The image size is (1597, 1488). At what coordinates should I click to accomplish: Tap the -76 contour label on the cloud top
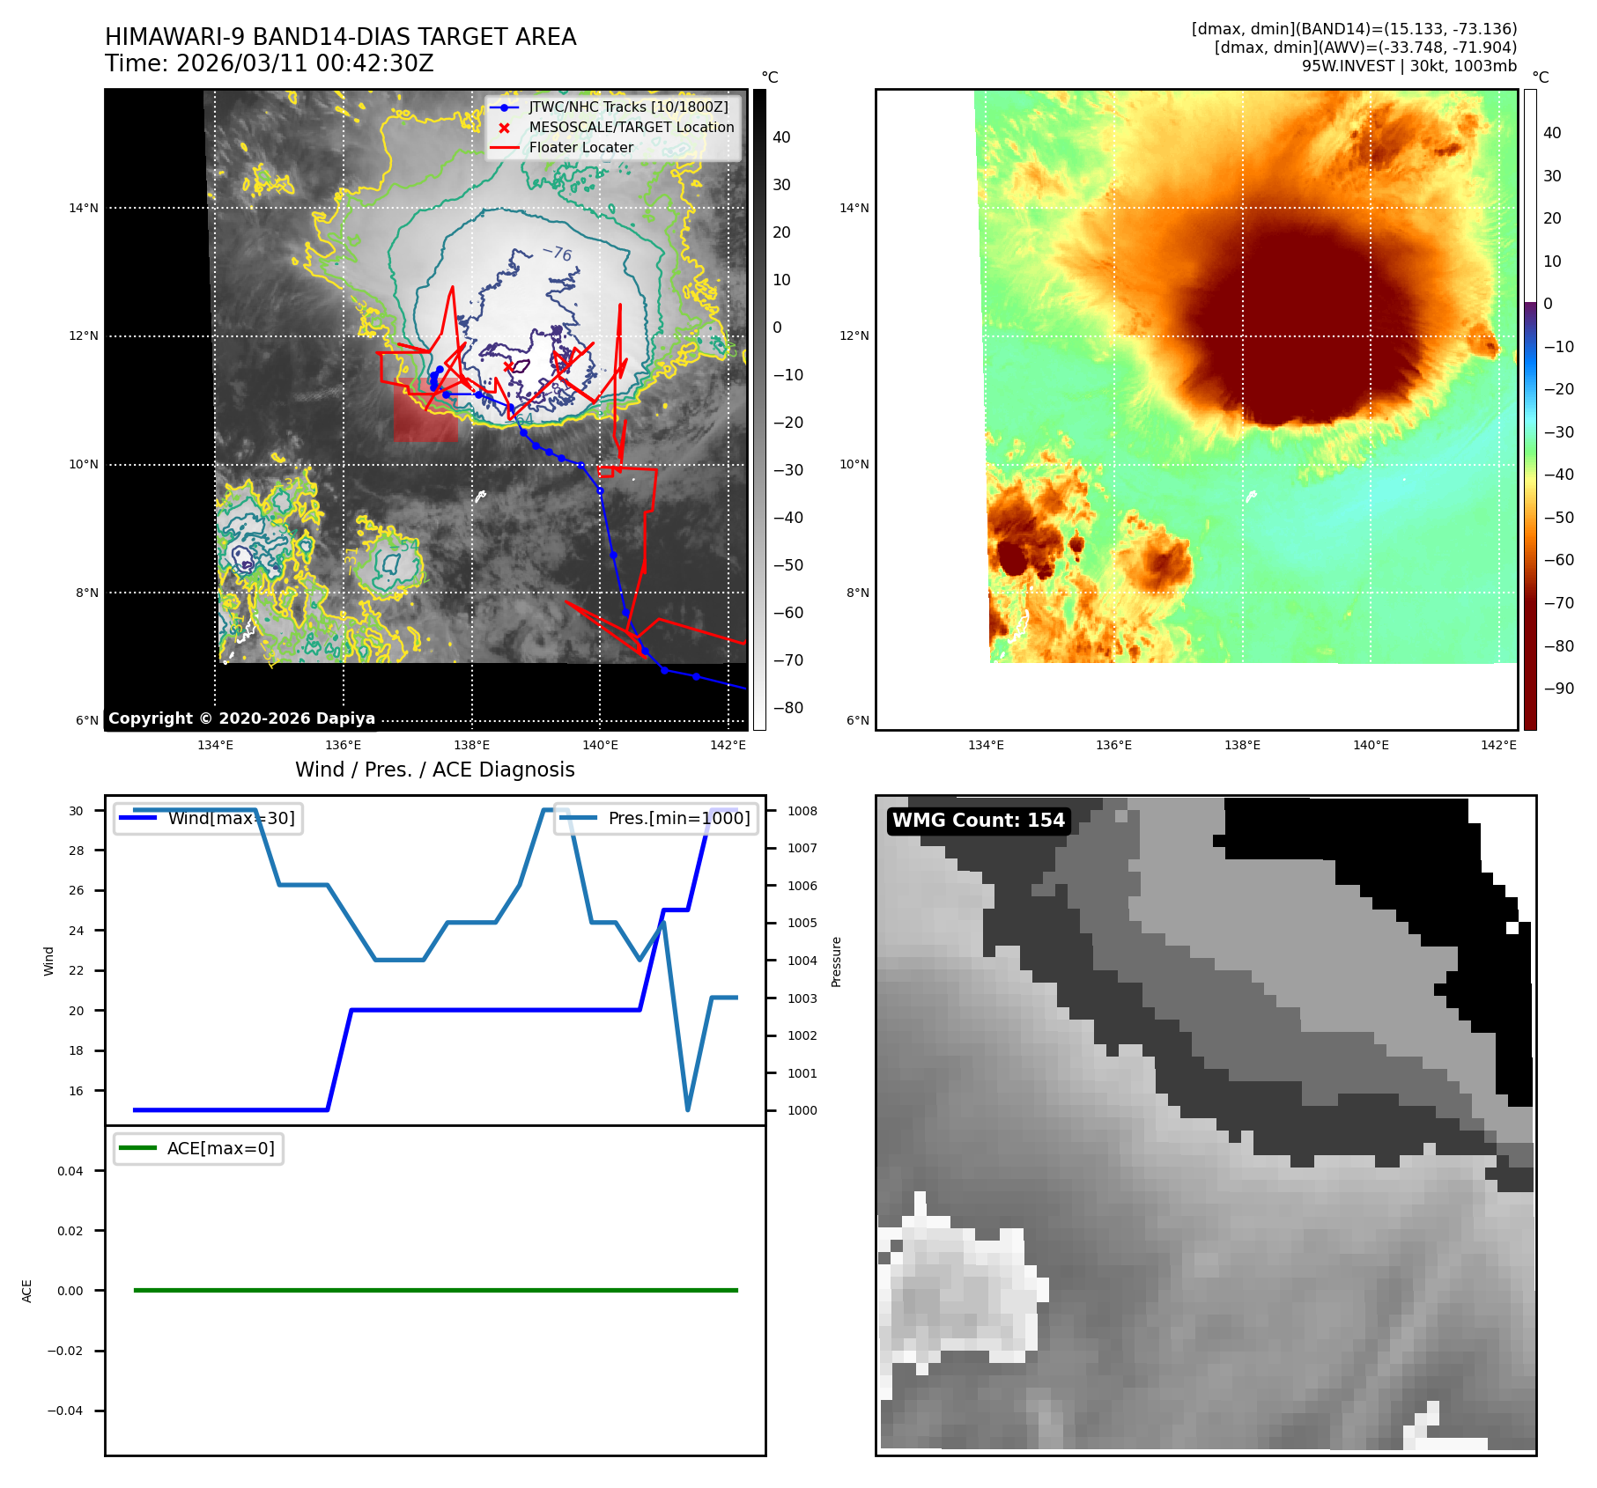coord(558,254)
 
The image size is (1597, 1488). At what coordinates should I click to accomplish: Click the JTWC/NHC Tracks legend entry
coord(628,107)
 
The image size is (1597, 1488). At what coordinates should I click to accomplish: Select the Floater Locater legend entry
coord(580,148)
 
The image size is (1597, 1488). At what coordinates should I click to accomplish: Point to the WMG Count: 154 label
coord(978,821)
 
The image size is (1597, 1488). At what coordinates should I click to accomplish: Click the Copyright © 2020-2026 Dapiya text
coord(241,718)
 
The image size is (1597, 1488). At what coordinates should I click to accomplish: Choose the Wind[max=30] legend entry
coord(231,819)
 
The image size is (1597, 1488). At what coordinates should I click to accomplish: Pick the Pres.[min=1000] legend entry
coord(678,819)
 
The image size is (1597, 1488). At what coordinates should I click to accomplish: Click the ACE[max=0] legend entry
coord(220,1148)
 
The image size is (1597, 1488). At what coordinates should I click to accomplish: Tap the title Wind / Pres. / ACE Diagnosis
coord(434,770)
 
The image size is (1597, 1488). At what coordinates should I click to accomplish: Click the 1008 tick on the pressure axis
coord(802,811)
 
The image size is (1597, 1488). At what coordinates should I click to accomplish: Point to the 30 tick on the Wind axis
coord(77,811)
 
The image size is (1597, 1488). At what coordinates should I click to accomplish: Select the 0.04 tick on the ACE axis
coord(70,1171)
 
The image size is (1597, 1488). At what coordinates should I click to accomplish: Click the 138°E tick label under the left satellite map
coord(471,746)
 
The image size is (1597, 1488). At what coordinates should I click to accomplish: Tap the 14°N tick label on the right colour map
coord(854,209)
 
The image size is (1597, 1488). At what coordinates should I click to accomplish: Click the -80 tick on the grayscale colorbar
coord(787,708)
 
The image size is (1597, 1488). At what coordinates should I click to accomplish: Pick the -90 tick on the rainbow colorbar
coord(1558,689)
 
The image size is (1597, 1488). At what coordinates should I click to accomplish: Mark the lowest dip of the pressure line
coord(687,1109)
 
